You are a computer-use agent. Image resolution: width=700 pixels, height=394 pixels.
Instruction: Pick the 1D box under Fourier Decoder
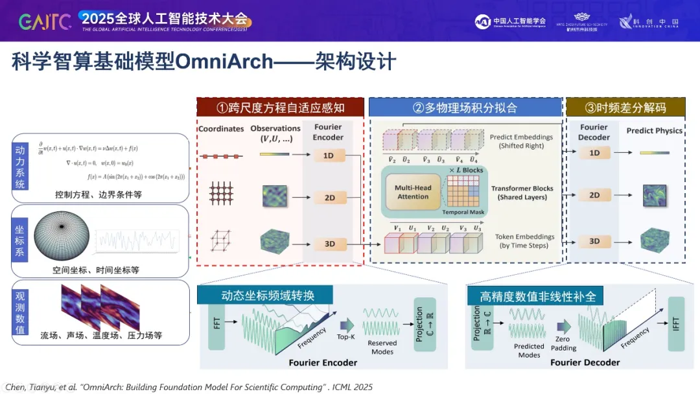594,153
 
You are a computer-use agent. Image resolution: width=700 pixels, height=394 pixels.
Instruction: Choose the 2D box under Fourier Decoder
594,195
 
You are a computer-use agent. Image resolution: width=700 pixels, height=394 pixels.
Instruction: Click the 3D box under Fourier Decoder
594,241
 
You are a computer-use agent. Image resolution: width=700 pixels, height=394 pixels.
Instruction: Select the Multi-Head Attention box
413,192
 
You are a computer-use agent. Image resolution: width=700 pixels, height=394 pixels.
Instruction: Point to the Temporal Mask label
463,212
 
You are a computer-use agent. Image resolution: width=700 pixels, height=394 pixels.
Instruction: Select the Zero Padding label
563,343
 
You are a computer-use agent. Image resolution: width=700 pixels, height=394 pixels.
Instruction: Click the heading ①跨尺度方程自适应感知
280,108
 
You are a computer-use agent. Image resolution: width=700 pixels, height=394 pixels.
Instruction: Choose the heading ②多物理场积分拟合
465,108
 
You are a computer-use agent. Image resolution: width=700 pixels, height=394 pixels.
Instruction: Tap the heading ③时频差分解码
625,108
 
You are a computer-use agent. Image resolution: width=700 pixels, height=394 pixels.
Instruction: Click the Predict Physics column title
654,130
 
